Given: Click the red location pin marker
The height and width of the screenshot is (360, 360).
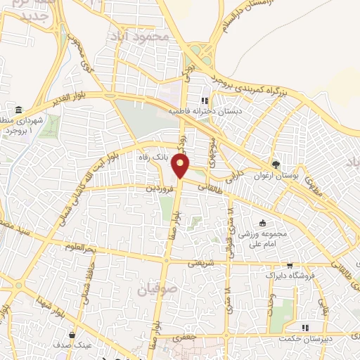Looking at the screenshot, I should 181,167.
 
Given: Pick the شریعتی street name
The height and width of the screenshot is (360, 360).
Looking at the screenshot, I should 203,264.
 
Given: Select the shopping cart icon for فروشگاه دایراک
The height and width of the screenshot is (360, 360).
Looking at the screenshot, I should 289,266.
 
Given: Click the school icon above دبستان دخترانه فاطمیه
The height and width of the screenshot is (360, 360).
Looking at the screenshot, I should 205,101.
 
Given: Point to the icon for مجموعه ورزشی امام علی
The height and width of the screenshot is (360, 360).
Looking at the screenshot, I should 262,222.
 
